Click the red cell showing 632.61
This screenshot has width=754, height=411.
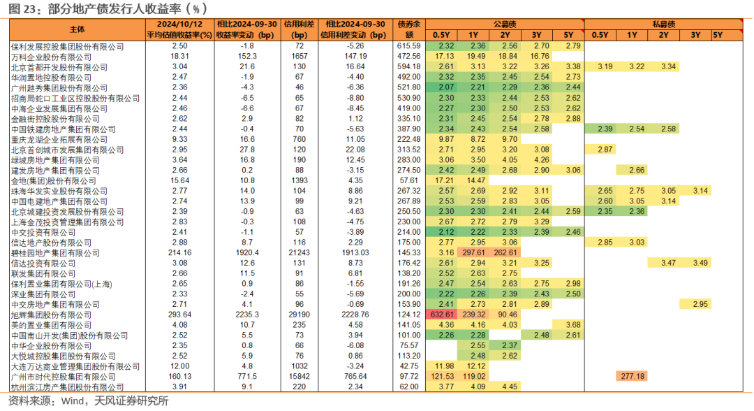[441, 315]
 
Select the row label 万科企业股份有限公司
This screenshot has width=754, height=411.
[51, 57]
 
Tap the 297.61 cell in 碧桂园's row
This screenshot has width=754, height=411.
[473, 252]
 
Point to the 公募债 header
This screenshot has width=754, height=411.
[505, 24]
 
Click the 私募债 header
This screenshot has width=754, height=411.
[664, 24]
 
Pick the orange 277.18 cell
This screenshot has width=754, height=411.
[632, 376]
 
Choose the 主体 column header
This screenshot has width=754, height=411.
[77, 29]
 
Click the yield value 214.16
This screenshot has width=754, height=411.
[179, 252]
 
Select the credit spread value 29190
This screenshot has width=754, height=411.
[299, 315]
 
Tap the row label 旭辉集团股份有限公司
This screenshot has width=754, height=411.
[51, 315]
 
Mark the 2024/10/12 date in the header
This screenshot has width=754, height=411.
[179, 24]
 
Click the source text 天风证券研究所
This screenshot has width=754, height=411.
[131, 401]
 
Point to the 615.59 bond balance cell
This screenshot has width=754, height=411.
[408, 46]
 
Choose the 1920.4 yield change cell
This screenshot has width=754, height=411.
[247, 252]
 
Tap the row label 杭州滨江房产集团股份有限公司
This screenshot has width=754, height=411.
[67, 387]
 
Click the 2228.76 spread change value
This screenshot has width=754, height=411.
[355, 315]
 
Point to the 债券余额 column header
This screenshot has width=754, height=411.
[408, 29]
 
